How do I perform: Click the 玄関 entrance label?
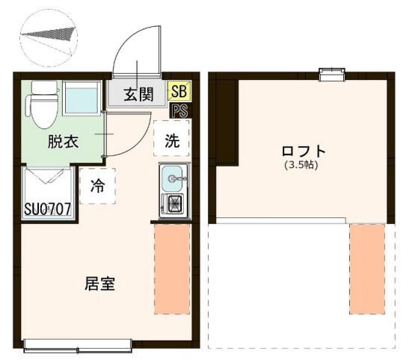coord(138,95)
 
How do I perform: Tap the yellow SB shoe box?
coord(179,92)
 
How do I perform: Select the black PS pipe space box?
coord(179,111)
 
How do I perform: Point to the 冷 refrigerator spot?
coord(97,187)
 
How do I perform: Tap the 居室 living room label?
coord(99,284)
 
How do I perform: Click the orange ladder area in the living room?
coord(172,269)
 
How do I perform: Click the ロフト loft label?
coord(301,150)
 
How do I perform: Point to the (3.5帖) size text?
coord(301,165)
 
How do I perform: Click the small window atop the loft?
coord(330,73)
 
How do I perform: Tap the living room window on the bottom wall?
coord(78,344)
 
